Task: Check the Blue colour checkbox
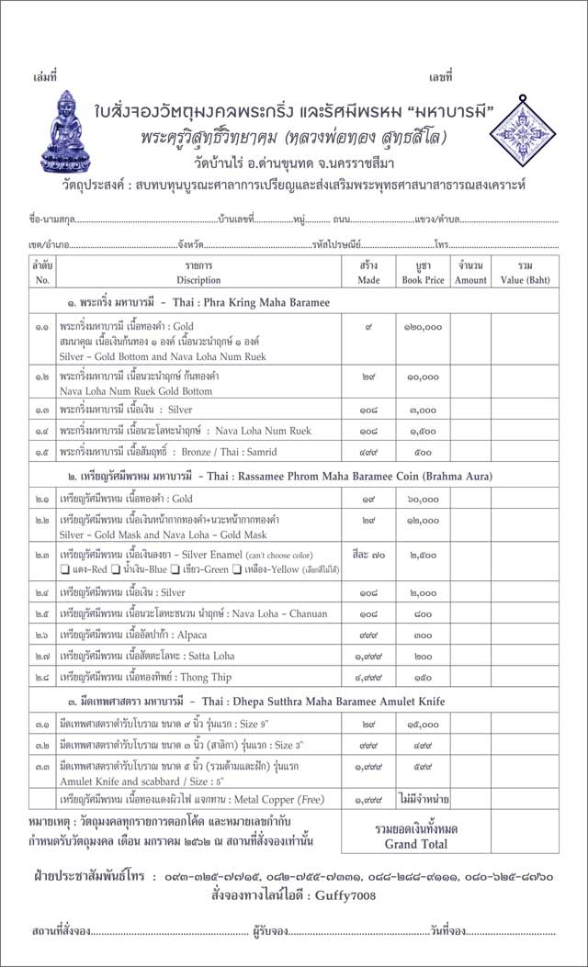click(x=116, y=569)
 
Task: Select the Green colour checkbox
click(x=173, y=569)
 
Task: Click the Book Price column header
click(x=423, y=274)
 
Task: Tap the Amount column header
click(x=470, y=274)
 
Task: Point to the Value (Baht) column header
click(x=525, y=274)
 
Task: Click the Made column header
click(x=368, y=274)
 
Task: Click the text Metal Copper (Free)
click(x=285, y=800)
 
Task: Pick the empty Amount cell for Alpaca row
click(x=470, y=635)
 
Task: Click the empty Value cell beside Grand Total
click(x=525, y=834)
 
